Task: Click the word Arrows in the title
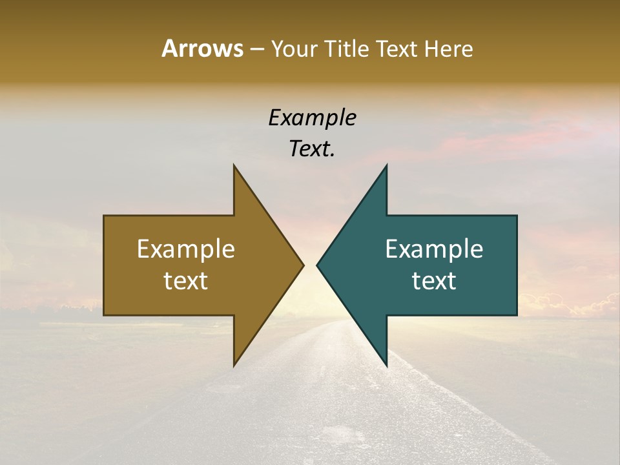tap(202, 48)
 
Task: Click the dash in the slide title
tap(256, 49)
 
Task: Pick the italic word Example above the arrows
tap(312, 118)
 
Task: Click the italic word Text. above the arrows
tap(312, 149)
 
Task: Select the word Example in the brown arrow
tap(186, 249)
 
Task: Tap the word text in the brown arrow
tap(186, 280)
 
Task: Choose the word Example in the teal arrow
tap(434, 249)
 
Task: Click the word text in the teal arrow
tap(434, 280)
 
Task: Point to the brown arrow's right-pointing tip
tap(303, 265)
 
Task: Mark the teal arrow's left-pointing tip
tap(317, 265)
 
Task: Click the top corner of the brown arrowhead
tap(234, 165)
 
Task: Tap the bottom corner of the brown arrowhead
tap(234, 366)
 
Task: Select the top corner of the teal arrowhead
tap(386, 165)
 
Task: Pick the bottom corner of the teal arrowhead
tap(386, 366)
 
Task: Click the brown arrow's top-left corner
tap(104, 216)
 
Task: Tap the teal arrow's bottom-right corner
tap(517, 315)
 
